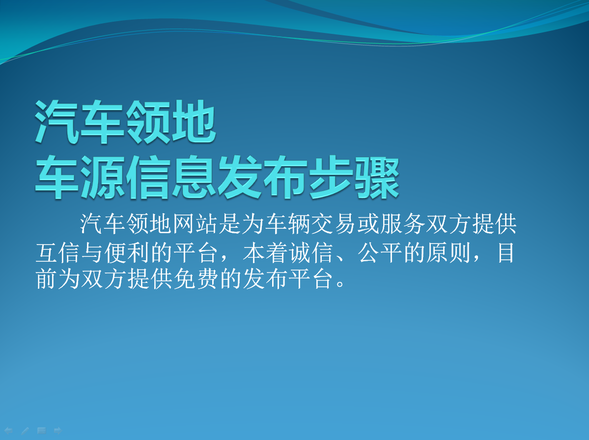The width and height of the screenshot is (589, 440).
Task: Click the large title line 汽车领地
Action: coord(125,122)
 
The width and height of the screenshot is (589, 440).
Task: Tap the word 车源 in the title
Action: coord(80,177)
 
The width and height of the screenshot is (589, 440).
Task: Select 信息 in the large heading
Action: coord(171,177)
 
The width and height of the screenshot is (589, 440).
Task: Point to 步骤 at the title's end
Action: coord(354,177)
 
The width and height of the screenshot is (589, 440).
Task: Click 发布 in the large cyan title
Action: coord(262,177)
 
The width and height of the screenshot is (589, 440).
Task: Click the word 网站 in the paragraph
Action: coord(196,224)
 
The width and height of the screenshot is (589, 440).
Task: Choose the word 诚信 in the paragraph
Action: coord(311,253)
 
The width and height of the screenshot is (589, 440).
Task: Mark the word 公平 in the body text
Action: coord(380,253)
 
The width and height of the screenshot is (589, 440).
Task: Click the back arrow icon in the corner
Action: coord(8,431)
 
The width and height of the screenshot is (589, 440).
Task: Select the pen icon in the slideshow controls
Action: coord(25,431)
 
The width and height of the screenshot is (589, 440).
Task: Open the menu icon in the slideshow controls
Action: coord(41,431)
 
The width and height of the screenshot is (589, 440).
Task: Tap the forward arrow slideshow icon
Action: coord(57,431)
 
